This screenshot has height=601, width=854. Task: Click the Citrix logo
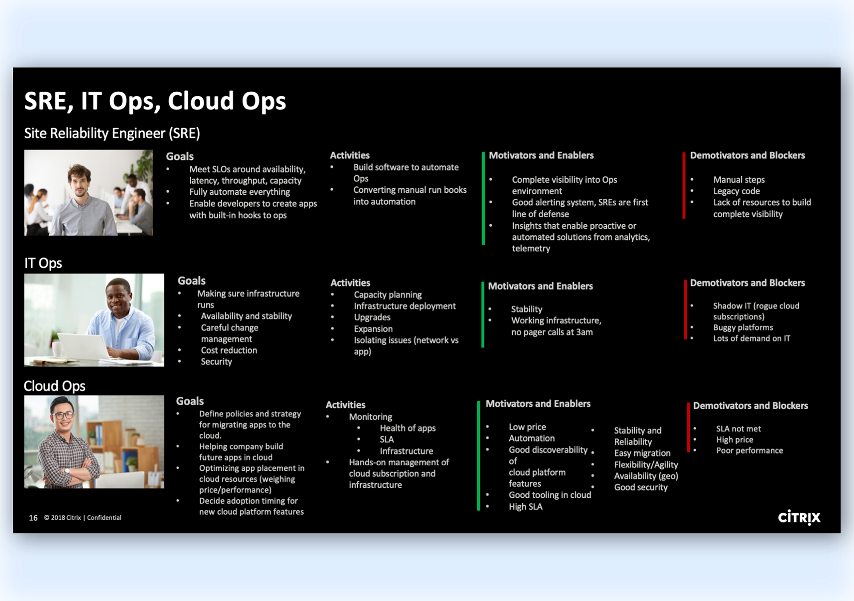(799, 517)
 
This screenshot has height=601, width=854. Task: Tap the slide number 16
(33, 518)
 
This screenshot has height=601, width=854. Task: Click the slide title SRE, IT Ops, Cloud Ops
(155, 101)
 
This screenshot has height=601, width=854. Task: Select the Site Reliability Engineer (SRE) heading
(112, 133)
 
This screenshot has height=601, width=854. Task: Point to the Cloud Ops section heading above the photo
(54, 386)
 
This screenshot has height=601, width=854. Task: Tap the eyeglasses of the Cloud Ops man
(63, 416)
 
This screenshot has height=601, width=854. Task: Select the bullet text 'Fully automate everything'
(239, 192)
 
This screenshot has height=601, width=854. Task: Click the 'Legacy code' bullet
(736, 191)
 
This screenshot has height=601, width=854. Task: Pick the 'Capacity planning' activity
(387, 294)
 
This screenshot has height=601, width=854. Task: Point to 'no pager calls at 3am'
(552, 332)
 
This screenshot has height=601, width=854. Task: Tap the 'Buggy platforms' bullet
(743, 327)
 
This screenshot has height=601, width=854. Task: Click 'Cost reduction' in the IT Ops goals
(229, 350)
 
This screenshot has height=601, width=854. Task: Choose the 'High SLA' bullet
(525, 506)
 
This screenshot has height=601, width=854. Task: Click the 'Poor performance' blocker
(749, 450)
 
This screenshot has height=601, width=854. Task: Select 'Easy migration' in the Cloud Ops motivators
(642, 453)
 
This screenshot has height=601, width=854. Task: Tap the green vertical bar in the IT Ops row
(483, 314)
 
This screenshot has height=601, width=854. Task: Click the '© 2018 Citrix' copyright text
(62, 517)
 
